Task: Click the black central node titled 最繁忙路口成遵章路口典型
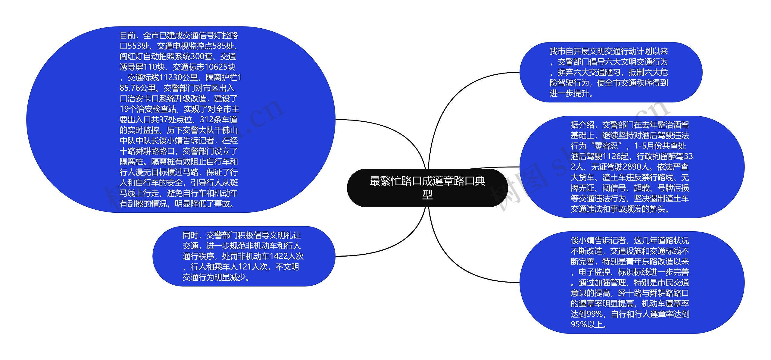(x=427, y=188)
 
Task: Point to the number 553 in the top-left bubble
(x=136, y=46)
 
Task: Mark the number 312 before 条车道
(x=208, y=120)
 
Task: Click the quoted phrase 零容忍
(x=606, y=146)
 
